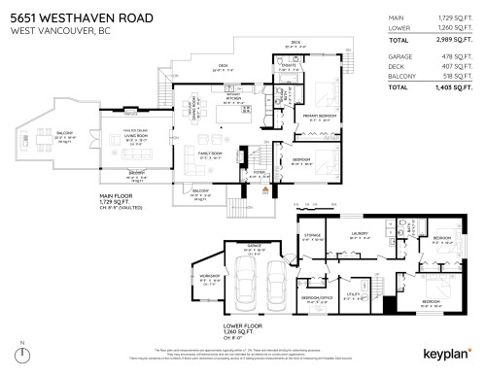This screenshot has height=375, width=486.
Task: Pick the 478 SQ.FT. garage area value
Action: click(455, 57)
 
